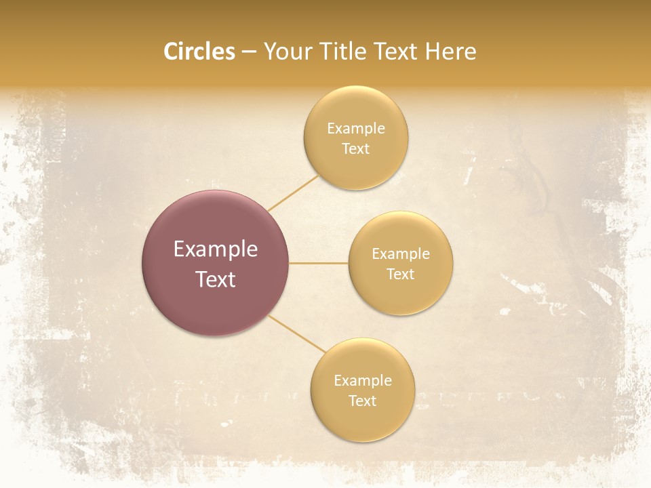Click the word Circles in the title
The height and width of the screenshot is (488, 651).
click(x=199, y=52)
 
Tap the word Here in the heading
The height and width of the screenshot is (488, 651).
click(x=450, y=52)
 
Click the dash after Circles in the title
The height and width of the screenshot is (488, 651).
click(x=248, y=52)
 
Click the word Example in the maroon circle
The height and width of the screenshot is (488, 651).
click(x=216, y=249)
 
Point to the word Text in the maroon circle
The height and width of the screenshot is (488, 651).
click(x=216, y=279)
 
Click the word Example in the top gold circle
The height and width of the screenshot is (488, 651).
click(x=355, y=129)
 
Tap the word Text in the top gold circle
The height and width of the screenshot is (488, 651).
click(x=355, y=149)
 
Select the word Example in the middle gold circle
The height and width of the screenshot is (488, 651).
click(x=400, y=254)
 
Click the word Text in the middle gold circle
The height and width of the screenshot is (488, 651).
click(x=400, y=274)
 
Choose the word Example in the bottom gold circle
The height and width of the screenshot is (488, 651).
click(x=362, y=381)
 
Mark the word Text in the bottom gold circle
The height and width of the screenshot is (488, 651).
click(x=362, y=401)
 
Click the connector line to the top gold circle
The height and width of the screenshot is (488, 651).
click(x=293, y=193)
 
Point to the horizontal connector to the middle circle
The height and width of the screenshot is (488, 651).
click(x=319, y=263)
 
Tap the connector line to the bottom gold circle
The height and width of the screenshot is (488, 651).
click(x=297, y=333)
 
